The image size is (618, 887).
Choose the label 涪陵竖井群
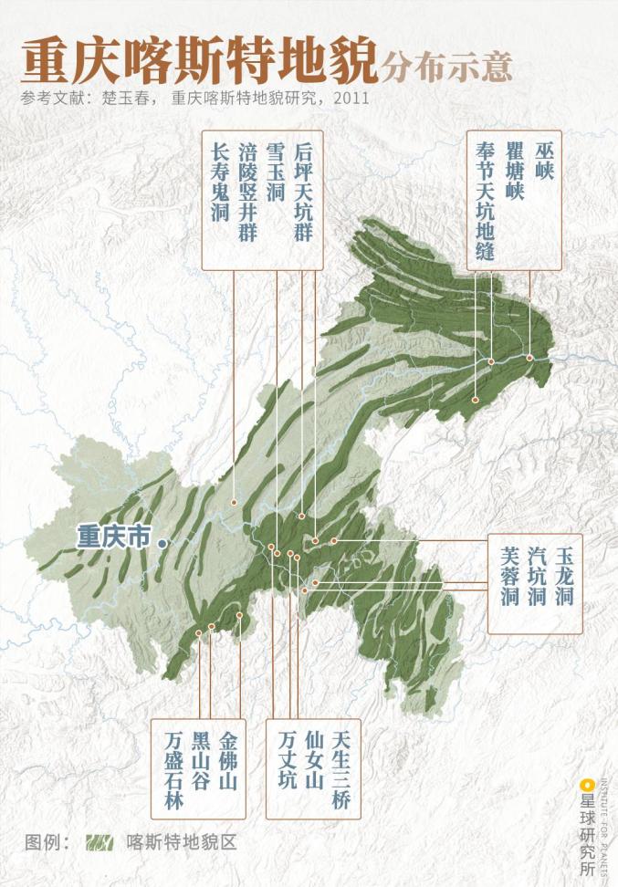[247, 190]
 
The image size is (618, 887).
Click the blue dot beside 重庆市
[162, 542]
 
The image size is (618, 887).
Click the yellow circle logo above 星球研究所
[589, 783]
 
